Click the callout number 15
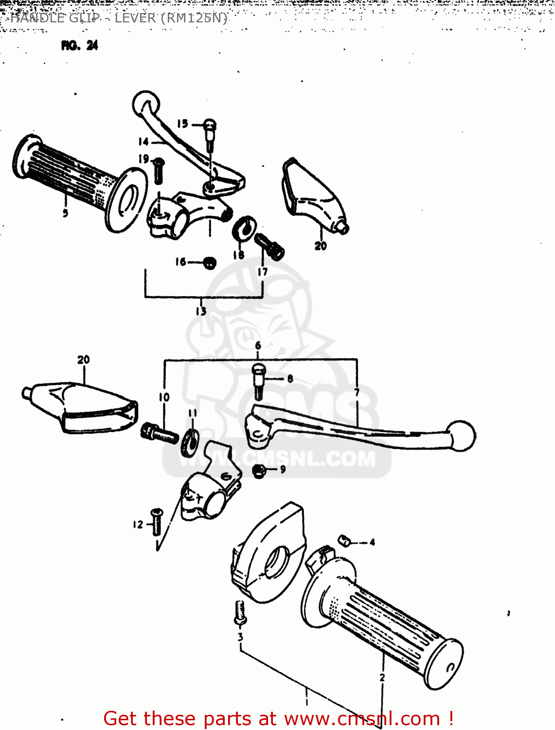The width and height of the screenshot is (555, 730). [182, 124]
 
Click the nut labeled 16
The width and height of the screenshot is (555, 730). [209, 263]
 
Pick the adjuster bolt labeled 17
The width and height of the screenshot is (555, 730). [269, 246]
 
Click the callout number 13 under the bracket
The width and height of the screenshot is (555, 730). [201, 311]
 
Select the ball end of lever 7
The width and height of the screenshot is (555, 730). [461, 436]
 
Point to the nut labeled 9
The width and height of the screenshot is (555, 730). [259, 470]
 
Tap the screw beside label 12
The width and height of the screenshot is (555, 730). [157, 522]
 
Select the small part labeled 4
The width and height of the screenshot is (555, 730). [344, 540]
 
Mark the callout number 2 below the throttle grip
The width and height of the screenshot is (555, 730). [382, 677]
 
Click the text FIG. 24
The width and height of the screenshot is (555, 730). [79, 45]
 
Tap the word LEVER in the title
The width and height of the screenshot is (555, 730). [135, 18]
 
